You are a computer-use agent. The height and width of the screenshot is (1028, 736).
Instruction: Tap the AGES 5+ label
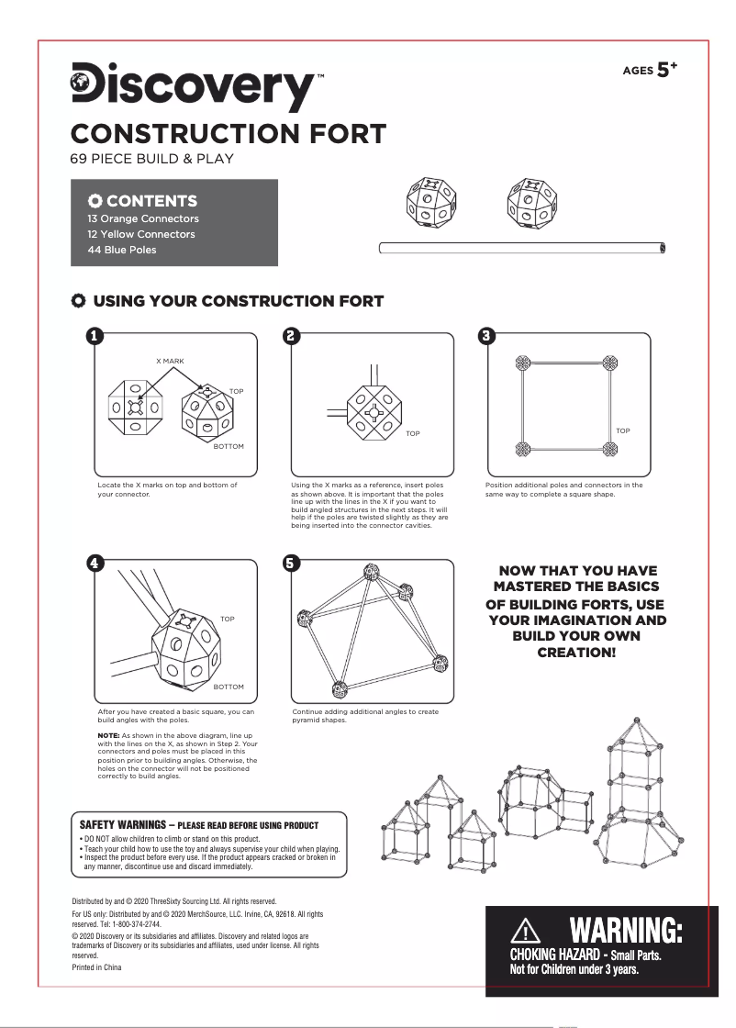click(650, 70)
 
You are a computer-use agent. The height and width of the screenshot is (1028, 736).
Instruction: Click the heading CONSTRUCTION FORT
click(229, 133)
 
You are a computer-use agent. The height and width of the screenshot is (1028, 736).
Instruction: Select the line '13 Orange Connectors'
click(137, 218)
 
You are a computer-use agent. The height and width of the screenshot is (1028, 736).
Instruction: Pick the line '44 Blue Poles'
click(116, 250)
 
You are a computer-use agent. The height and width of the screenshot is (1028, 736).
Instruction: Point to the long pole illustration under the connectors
click(522, 247)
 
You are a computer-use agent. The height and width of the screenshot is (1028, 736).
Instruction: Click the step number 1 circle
click(94, 336)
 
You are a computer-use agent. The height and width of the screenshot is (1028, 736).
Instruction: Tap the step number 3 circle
click(488, 336)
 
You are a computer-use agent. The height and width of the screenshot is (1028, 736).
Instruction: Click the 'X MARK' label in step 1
click(170, 362)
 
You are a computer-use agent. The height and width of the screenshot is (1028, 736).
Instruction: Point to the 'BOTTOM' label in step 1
click(229, 446)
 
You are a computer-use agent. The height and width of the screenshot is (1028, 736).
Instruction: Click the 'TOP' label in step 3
click(623, 430)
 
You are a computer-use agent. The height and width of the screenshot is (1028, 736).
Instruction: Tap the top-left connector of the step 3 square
click(522, 363)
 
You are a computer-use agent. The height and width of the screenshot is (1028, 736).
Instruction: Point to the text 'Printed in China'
click(96, 967)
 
